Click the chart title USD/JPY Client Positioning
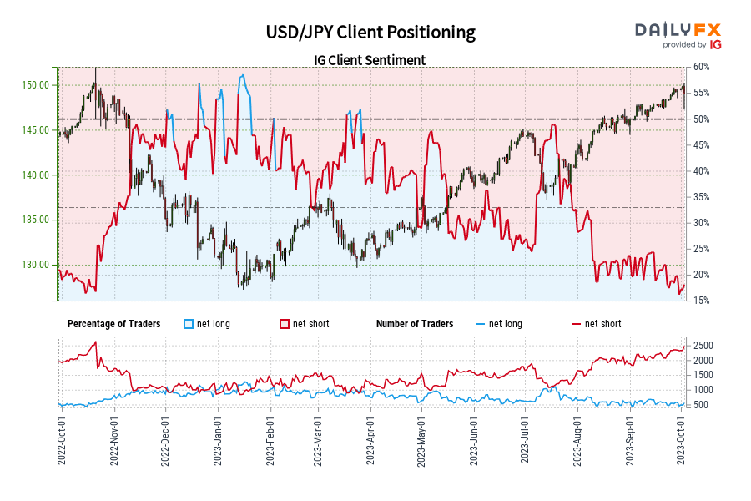[x=370, y=33]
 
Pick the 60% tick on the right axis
[x=700, y=68]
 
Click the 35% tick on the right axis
[x=700, y=197]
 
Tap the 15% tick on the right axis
[x=700, y=301]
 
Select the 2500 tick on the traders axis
[x=703, y=345]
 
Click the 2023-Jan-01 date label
[x=216, y=440]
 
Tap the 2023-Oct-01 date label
[x=683, y=440]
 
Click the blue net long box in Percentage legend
[x=188, y=324]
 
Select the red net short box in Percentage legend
[x=284, y=324]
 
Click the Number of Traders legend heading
[x=415, y=324]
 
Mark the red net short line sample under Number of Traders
[x=576, y=324]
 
